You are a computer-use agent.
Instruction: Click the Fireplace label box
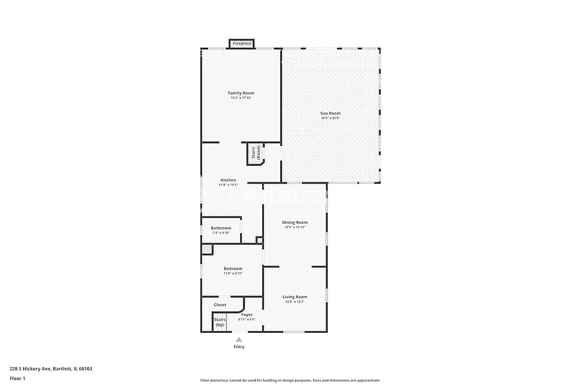click(x=242, y=44)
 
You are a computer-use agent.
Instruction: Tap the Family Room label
click(x=241, y=93)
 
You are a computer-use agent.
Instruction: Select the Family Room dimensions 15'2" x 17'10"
click(x=241, y=98)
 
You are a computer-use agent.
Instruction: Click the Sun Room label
click(x=330, y=113)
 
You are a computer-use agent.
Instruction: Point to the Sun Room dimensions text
click(x=330, y=118)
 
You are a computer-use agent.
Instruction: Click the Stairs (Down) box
click(x=256, y=155)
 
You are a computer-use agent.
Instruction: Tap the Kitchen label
click(x=228, y=180)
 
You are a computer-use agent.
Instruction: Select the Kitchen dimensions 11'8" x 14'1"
click(x=228, y=185)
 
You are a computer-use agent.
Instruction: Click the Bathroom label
click(x=221, y=228)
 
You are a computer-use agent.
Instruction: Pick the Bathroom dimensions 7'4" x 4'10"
click(x=221, y=233)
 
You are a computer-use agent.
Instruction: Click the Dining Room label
click(x=295, y=222)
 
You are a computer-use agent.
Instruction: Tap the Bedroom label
click(x=233, y=269)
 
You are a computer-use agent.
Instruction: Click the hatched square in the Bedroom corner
click(x=207, y=249)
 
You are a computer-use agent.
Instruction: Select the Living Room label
click(x=295, y=297)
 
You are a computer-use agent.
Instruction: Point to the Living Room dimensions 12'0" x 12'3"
click(x=295, y=302)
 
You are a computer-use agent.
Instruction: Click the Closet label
click(x=220, y=305)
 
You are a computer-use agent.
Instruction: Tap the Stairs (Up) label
click(x=220, y=322)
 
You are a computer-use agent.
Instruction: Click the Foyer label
click(x=247, y=315)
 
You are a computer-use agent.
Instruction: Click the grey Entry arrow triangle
click(x=239, y=340)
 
